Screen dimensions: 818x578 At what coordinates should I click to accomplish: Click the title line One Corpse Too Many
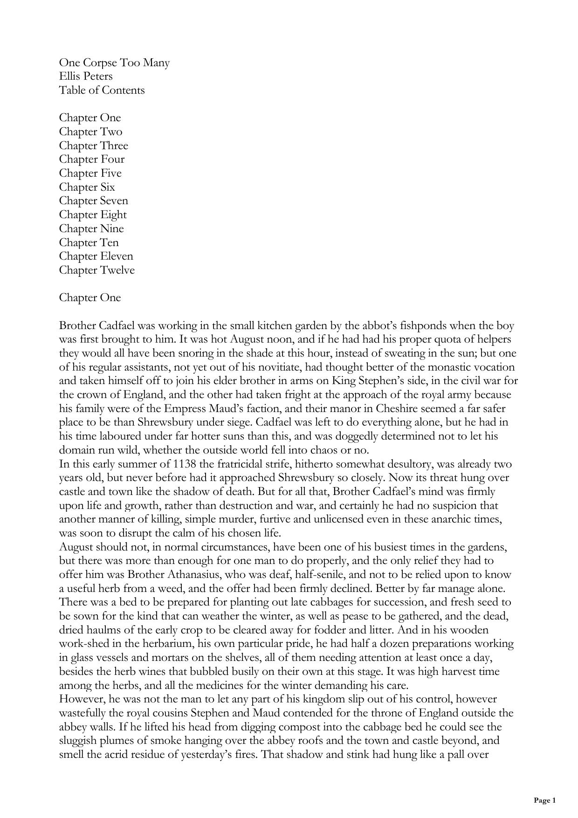(x=114, y=62)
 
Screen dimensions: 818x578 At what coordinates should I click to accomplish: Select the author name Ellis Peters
(x=86, y=76)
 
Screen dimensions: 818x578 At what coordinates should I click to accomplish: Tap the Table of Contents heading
(x=102, y=90)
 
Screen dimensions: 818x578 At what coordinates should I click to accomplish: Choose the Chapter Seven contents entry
(x=93, y=200)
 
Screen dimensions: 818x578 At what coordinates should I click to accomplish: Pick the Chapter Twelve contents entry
(x=96, y=270)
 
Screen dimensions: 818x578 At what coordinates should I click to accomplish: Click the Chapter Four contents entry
(x=91, y=159)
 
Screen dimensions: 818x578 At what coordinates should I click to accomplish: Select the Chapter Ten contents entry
(x=89, y=242)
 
